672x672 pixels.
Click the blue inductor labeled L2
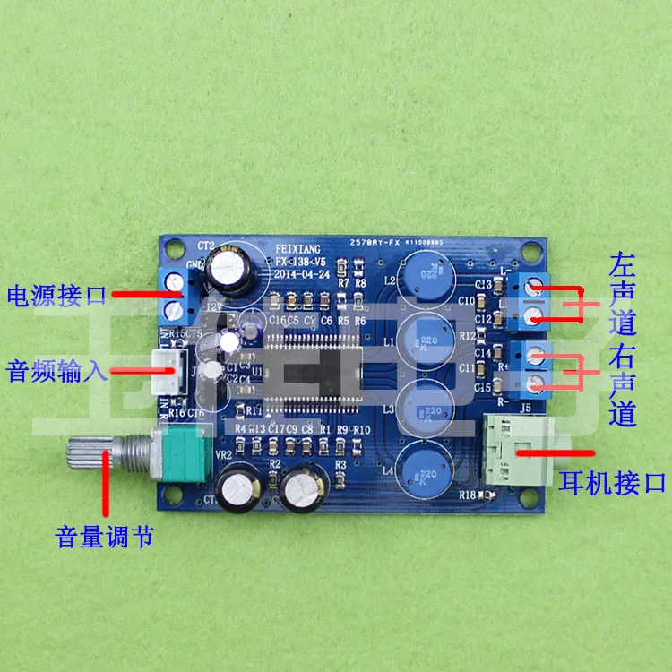(422, 274)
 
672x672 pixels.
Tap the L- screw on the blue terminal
(535, 288)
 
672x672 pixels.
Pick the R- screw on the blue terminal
(536, 383)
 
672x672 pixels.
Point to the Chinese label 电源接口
(56, 294)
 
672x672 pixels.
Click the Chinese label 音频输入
(56, 369)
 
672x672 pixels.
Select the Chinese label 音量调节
(105, 537)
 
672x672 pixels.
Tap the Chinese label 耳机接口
(612, 483)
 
